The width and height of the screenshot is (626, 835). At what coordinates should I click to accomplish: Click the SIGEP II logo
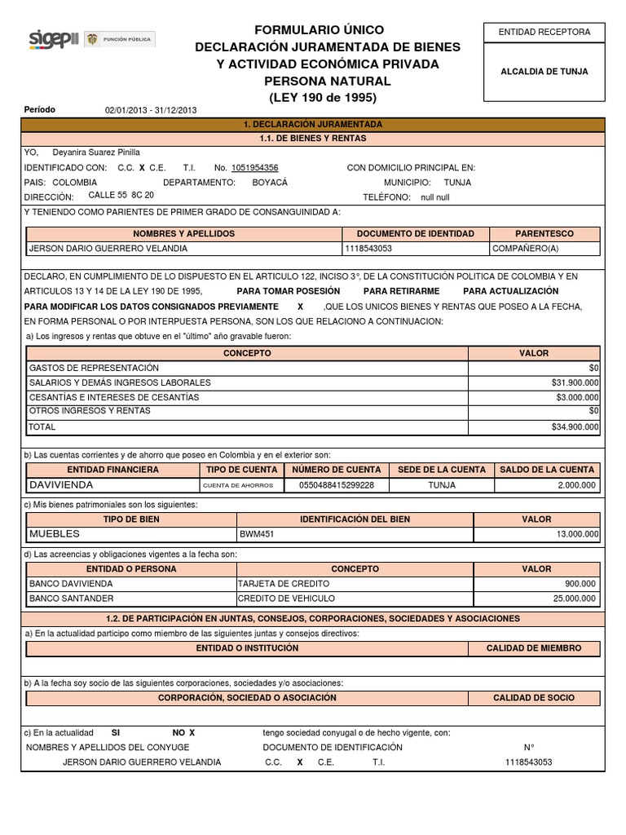tap(53, 38)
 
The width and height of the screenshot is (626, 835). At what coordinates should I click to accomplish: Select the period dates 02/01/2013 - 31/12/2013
tap(151, 111)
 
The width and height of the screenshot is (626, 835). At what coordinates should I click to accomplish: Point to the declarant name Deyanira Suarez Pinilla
tap(96, 152)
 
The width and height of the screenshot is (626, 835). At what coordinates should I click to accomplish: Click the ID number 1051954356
tap(254, 168)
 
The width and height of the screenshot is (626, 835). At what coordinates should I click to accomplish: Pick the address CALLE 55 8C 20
tap(121, 196)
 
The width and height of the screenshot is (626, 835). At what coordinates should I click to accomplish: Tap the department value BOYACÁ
tap(271, 183)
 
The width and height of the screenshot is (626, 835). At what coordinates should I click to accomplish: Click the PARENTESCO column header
tap(544, 234)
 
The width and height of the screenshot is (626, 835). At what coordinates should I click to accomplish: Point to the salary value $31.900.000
tap(575, 382)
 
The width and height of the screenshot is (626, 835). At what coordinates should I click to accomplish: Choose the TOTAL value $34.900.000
tap(575, 426)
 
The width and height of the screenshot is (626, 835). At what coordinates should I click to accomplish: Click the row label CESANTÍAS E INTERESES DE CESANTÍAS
tap(114, 397)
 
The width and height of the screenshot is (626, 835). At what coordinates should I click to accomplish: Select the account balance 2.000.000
tap(576, 485)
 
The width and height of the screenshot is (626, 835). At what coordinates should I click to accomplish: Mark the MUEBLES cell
tap(55, 534)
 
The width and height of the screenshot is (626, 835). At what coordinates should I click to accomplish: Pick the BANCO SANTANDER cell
tap(71, 599)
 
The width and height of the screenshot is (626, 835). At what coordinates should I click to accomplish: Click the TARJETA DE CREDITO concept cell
tap(284, 584)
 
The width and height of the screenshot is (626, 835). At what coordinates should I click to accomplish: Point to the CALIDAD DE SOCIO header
tap(534, 698)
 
